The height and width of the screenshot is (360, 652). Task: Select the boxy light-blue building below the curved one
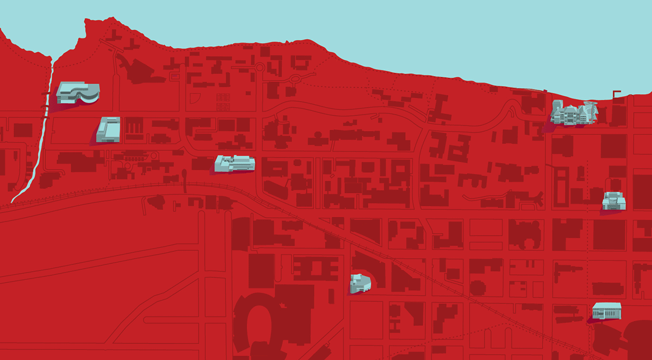[108, 130]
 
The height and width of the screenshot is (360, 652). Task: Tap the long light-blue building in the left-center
[235, 163]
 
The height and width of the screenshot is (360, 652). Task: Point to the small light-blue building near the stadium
[359, 283]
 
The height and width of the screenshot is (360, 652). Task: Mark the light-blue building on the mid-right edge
[614, 201]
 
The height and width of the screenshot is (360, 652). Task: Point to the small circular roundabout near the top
[260, 67]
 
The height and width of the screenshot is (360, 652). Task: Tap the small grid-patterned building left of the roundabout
[223, 101]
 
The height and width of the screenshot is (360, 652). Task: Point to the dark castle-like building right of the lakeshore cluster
[618, 115]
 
